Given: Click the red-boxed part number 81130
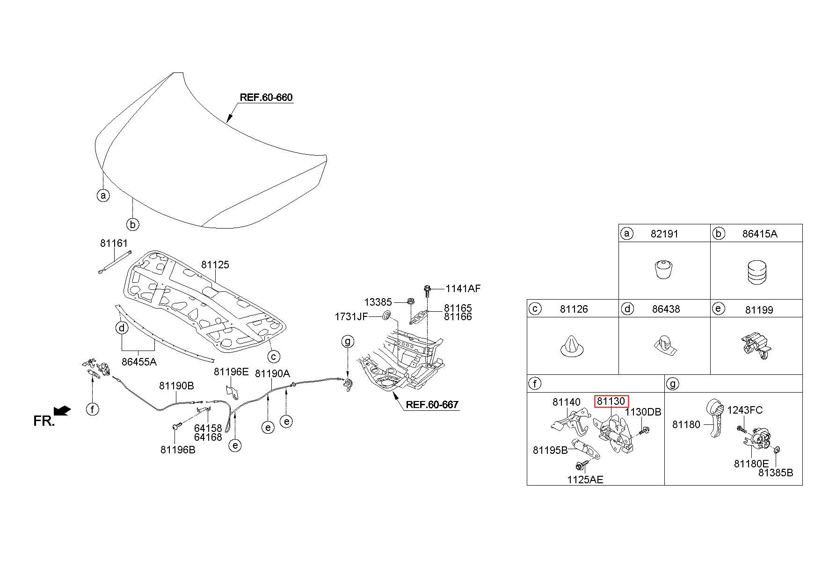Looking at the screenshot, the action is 611,401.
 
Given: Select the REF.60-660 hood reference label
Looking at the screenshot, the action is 266,98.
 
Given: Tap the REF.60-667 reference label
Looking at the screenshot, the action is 432,405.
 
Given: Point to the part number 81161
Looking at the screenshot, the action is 114,243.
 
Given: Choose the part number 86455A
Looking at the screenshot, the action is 139,361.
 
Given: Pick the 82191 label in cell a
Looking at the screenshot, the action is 664,234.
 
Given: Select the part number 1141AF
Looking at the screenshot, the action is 463,288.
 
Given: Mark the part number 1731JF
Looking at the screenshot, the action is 351,317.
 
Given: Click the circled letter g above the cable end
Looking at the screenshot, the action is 348,342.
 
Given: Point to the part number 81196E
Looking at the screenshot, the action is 231,372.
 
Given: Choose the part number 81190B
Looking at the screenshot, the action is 176,386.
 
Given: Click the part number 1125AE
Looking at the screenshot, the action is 585,480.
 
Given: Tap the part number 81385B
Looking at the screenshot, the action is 776,473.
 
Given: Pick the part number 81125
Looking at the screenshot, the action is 215,265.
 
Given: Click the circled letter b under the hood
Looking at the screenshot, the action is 133,224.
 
